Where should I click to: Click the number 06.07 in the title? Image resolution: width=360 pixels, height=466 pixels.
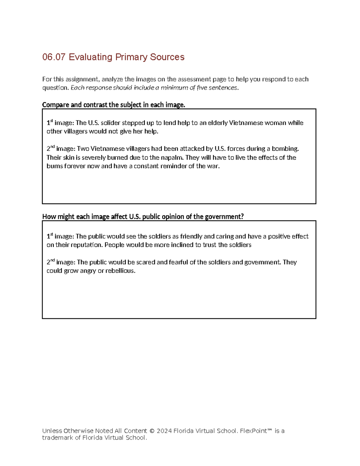coord(54,57)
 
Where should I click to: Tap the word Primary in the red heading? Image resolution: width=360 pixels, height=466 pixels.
coord(131,57)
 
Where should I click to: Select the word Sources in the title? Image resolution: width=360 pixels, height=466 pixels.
coord(167,57)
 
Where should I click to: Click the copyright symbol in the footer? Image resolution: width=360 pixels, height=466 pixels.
coord(152,431)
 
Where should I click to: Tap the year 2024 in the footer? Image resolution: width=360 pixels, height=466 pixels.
coord(164,431)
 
